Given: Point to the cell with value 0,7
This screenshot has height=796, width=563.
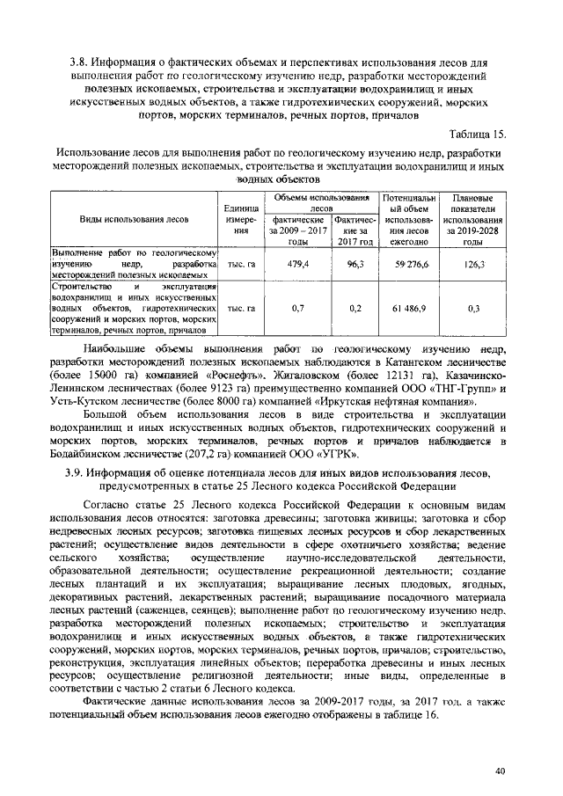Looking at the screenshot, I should click(297, 309).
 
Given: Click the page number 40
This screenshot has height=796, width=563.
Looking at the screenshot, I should click(500, 770).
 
